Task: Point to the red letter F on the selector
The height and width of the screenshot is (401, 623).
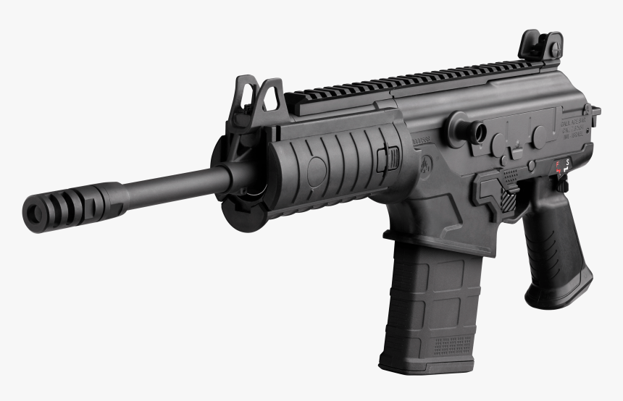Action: click(557, 164)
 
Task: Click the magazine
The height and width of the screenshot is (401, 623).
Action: click(427, 304)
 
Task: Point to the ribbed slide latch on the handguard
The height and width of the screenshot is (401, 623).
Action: click(389, 159)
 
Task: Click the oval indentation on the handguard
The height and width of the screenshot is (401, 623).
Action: click(317, 172)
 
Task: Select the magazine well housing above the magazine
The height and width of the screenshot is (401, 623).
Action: click(427, 217)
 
